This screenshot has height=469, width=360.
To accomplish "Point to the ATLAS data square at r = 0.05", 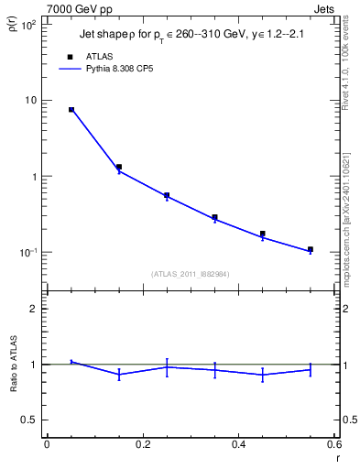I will (71, 110).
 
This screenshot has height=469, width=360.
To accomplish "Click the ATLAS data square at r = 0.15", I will (119, 167).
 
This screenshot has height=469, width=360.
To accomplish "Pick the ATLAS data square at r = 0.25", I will (167, 195).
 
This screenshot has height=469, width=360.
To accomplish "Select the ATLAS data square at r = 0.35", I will (214, 217).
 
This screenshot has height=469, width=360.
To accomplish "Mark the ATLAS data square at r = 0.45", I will (263, 234).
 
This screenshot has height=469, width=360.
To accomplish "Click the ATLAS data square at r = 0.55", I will (311, 249).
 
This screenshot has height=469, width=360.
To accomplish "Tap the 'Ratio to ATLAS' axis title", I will (14, 364).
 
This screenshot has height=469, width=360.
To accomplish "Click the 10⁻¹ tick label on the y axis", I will (27, 252).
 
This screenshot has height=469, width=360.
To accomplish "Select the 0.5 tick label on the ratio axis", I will (29, 420).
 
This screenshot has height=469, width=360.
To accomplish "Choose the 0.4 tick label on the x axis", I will (238, 445).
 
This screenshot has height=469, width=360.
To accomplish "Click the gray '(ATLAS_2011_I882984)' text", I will (191, 273).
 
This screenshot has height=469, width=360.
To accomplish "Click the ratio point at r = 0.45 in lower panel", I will (263, 374).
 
